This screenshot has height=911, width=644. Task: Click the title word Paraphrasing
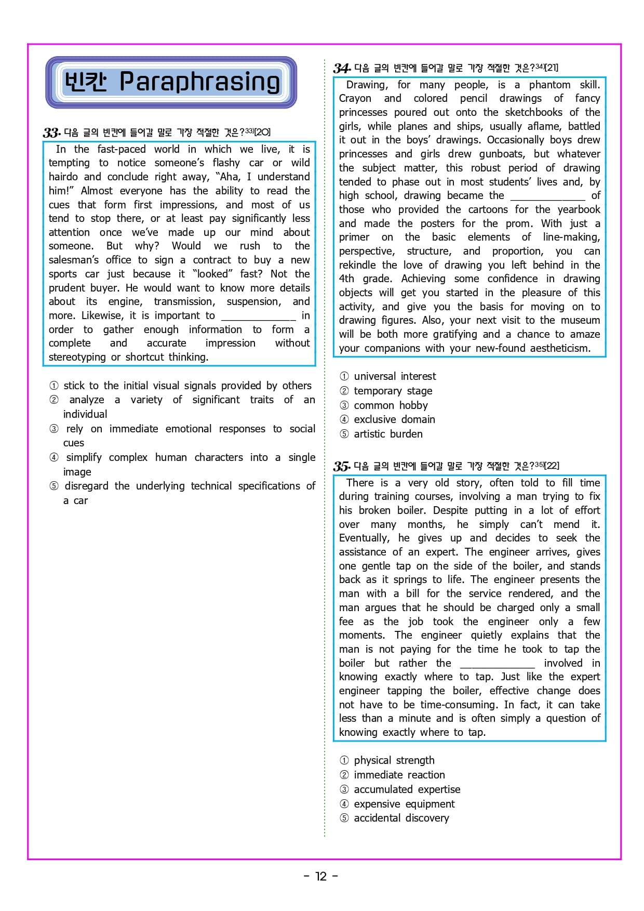point(199,82)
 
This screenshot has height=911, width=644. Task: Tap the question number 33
point(51,133)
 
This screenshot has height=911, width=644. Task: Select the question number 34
point(342,68)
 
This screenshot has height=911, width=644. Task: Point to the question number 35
point(342,466)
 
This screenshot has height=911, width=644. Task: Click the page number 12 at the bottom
point(321,876)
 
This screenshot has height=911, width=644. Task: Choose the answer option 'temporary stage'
point(393,391)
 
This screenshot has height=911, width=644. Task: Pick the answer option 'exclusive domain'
point(394,419)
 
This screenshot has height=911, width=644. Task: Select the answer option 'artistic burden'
point(388,434)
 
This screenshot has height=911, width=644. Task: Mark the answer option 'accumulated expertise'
point(407,789)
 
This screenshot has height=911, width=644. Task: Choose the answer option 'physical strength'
point(394,760)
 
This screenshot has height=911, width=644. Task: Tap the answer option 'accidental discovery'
point(401,818)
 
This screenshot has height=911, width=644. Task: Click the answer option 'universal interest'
point(395,376)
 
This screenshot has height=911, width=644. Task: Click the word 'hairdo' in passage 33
point(64,177)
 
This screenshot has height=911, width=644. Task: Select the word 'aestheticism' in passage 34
point(560,348)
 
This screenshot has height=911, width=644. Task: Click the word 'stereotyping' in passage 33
point(77,357)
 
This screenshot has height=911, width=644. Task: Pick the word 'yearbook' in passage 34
point(579,209)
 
